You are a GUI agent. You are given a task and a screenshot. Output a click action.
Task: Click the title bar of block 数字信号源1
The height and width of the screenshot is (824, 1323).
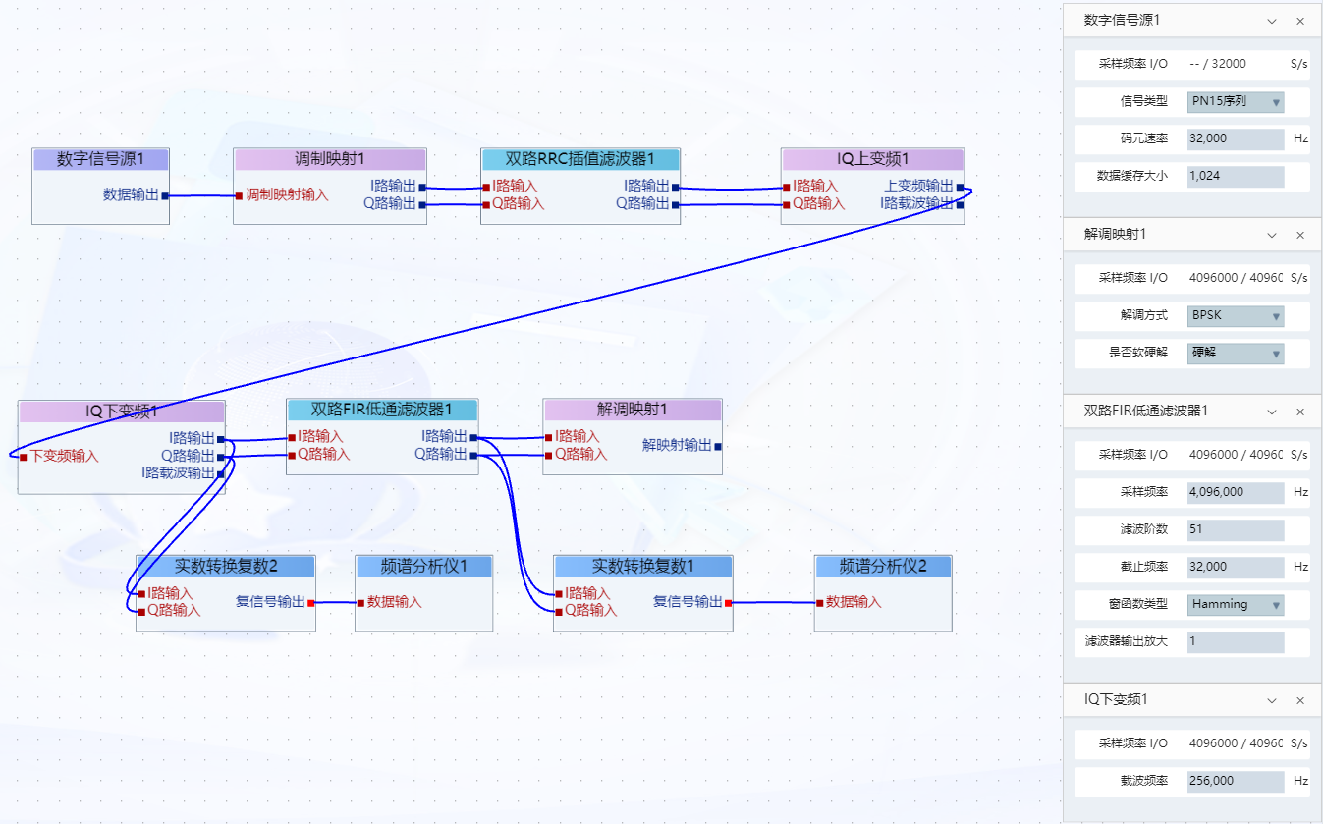[x=100, y=159]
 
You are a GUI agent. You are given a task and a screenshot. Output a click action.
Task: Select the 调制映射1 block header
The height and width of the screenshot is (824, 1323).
[x=330, y=159]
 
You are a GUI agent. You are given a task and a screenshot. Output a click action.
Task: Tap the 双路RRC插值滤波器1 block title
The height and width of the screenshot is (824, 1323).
[x=579, y=159]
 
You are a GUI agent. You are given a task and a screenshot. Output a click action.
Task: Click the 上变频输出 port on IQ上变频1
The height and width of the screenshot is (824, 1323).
[x=960, y=186]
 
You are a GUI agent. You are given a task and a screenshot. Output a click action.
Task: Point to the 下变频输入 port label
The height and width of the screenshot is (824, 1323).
[x=64, y=456]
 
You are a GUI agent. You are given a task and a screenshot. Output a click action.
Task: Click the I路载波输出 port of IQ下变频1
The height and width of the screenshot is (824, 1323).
[x=220, y=473]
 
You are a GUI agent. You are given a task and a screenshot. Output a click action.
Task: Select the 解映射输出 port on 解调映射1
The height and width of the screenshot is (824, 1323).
[x=718, y=446]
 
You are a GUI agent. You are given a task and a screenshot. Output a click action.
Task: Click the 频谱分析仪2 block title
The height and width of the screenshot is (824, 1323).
[x=882, y=566]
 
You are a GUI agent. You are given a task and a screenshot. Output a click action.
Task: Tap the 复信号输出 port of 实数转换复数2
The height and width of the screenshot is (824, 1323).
[x=311, y=602]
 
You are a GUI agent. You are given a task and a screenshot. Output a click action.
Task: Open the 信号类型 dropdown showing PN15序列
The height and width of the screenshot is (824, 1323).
[x=1236, y=101]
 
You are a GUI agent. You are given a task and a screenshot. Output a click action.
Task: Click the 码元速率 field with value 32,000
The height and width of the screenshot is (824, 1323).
[x=1236, y=139]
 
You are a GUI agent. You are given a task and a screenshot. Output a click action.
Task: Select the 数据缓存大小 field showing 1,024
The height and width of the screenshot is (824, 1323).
[x=1236, y=177]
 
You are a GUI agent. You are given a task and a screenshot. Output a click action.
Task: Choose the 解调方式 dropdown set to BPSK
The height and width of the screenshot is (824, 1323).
[x=1236, y=316]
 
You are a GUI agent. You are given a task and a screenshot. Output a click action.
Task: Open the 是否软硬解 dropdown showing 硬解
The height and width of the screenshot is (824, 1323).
[x=1236, y=353]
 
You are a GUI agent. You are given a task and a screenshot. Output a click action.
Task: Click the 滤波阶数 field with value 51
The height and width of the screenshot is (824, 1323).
[x=1236, y=529]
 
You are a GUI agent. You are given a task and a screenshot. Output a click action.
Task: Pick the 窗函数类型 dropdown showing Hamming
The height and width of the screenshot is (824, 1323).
[x=1236, y=605]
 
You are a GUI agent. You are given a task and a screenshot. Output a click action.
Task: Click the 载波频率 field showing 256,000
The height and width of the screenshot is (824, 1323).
[x=1236, y=782]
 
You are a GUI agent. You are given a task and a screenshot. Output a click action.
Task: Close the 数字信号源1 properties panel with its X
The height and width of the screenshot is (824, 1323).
[x=1300, y=21]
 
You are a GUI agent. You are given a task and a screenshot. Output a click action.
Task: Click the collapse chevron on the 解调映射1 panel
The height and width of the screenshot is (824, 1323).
[x=1272, y=235]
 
